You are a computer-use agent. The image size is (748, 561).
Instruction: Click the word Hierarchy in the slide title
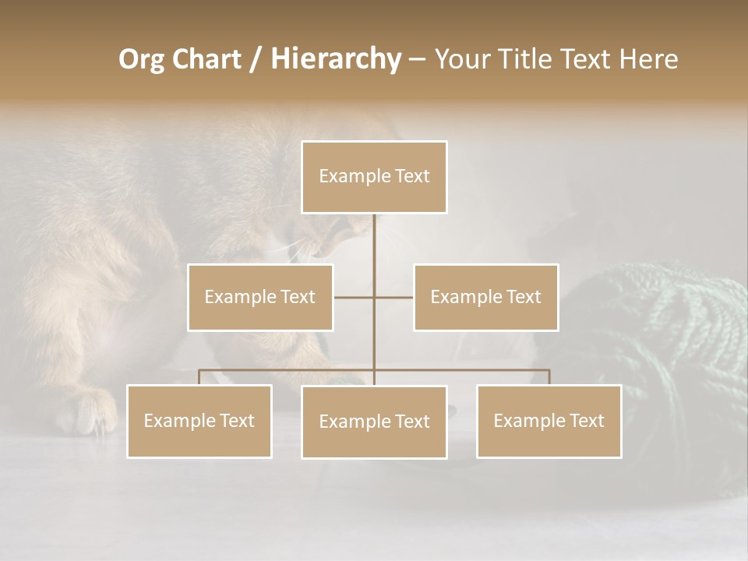(335, 59)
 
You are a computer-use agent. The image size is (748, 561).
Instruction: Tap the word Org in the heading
(142, 59)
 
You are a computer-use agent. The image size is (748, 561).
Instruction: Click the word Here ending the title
(648, 59)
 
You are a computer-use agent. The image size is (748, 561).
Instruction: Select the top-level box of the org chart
(374, 177)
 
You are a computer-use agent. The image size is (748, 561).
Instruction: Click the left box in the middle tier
(260, 297)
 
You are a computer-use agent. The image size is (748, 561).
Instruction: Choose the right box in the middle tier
(485, 297)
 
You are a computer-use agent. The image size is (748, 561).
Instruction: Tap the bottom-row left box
(199, 421)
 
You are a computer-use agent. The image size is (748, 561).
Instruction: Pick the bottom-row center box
(374, 422)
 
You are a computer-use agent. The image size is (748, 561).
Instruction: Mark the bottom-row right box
(549, 421)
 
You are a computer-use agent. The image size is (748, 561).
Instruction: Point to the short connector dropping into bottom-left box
(199, 377)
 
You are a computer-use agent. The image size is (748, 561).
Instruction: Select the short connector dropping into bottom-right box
(549, 377)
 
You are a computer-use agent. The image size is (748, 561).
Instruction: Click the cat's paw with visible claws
(87, 413)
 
